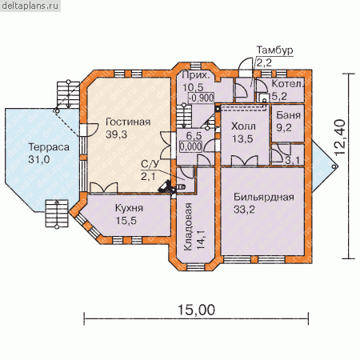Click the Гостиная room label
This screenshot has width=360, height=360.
pyautogui.click(x=128, y=122)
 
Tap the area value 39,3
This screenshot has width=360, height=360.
pyautogui.click(x=116, y=134)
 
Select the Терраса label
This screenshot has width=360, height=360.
pyautogui.click(x=49, y=147)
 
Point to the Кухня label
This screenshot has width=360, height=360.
pyautogui.click(x=129, y=208)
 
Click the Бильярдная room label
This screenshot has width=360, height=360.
pyautogui.click(x=264, y=197)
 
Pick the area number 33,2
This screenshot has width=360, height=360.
pyautogui.click(x=244, y=210)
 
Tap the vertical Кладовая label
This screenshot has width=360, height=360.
pyautogui.click(x=188, y=226)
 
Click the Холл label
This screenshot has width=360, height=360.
pyautogui.click(x=243, y=126)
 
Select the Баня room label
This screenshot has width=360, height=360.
pyautogui.click(x=288, y=115)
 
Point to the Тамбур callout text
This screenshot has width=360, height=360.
pyautogui.click(x=274, y=50)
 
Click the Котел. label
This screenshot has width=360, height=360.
pyautogui.click(x=287, y=84)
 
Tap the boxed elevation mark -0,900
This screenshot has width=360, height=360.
pyautogui.click(x=201, y=98)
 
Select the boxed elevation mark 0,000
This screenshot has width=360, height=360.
pyautogui.click(x=190, y=146)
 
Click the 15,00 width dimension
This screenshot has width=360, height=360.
pyautogui.click(x=196, y=310)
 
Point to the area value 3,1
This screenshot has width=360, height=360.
pyautogui.click(x=293, y=160)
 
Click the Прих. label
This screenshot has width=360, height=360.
pyautogui.click(x=196, y=75)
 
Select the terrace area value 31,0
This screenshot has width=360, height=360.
pyautogui.click(x=39, y=160)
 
